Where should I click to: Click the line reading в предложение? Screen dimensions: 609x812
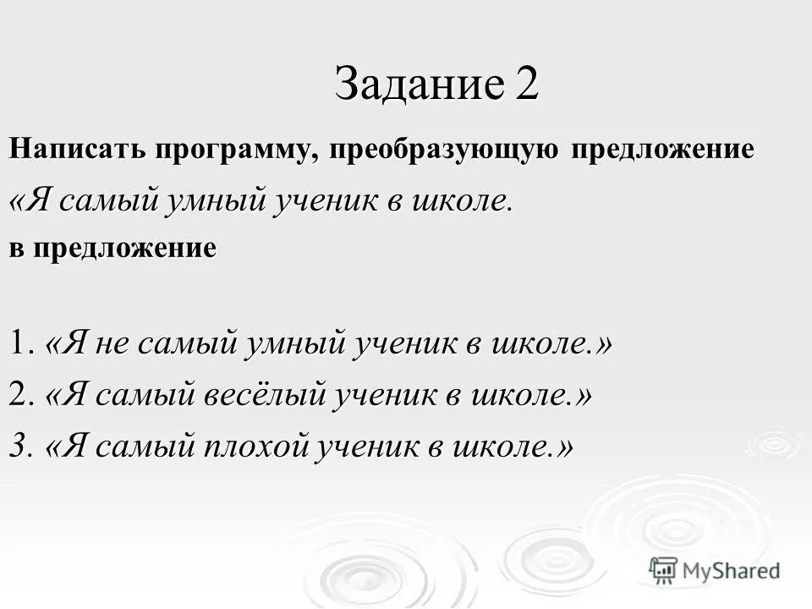click(x=112, y=247)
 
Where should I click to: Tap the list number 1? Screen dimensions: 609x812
click(x=19, y=344)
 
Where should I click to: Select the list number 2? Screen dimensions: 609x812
click(x=20, y=395)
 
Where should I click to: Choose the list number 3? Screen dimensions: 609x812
click(x=19, y=446)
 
